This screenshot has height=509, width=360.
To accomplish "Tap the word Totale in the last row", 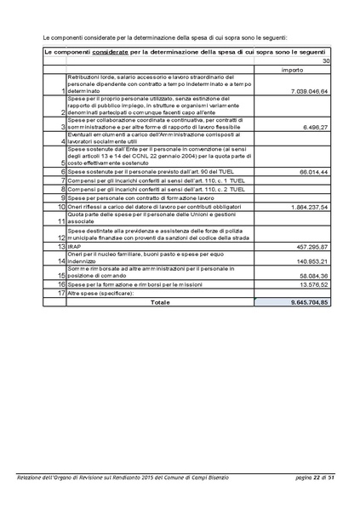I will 160,302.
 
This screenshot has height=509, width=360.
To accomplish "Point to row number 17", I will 61,294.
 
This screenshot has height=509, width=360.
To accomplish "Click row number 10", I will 61,207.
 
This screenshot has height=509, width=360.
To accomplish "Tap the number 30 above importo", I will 325,61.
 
